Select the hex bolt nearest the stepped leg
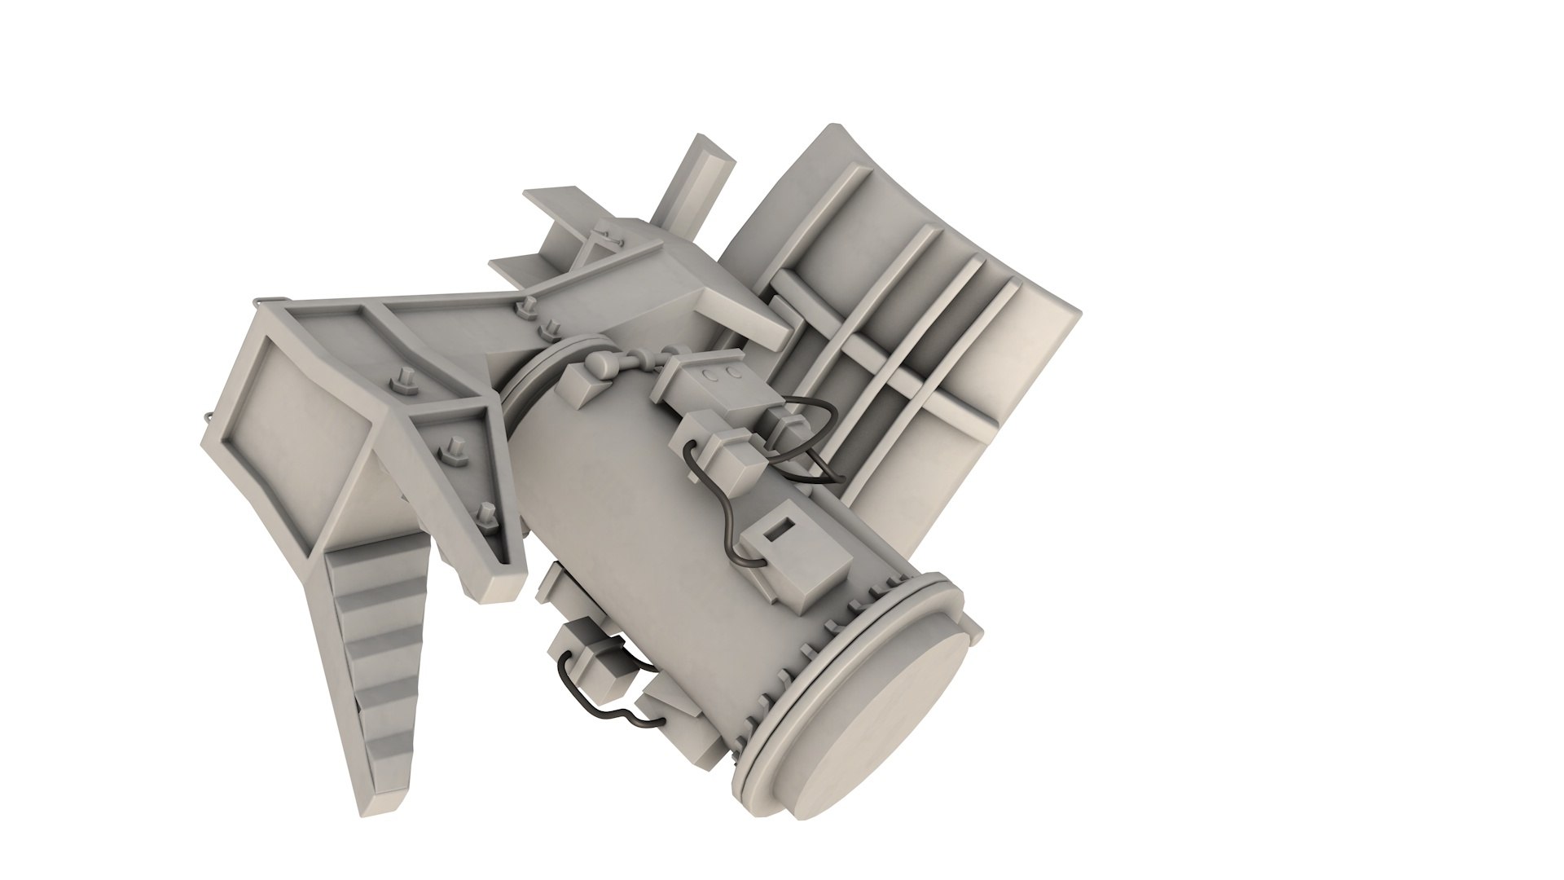point(487,515)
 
